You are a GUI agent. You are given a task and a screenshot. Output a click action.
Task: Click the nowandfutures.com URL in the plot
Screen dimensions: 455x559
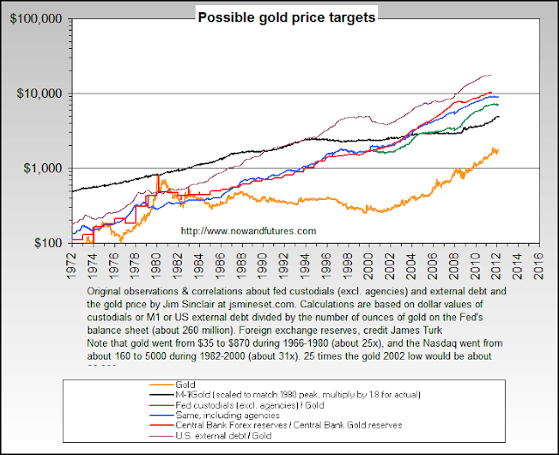(x=247, y=231)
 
